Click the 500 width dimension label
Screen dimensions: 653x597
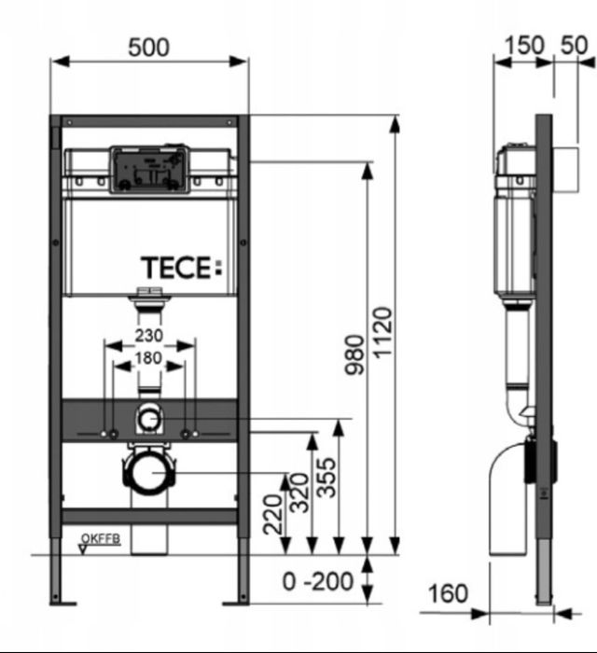click(149, 46)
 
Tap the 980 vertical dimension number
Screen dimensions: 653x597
click(355, 354)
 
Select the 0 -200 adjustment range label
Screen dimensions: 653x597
click(318, 582)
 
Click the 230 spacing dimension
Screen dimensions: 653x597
click(148, 335)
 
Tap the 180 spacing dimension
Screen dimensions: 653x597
click(148, 357)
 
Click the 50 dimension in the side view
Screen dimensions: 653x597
click(574, 45)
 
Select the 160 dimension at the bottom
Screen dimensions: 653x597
click(448, 593)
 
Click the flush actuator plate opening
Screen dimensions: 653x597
click(149, 170)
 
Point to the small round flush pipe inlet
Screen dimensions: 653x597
click(149, 419)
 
